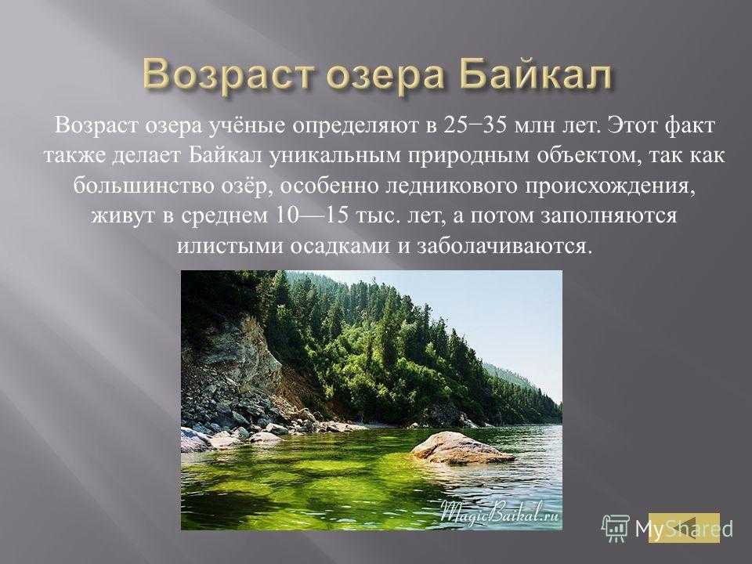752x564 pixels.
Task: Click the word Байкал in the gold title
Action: pos(536,75)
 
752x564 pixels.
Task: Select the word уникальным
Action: pos(334,156)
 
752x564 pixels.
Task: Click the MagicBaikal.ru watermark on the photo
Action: pos(500,512)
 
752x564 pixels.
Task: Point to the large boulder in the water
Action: pos(461,448)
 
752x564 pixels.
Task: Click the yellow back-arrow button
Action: pos(684,527)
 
